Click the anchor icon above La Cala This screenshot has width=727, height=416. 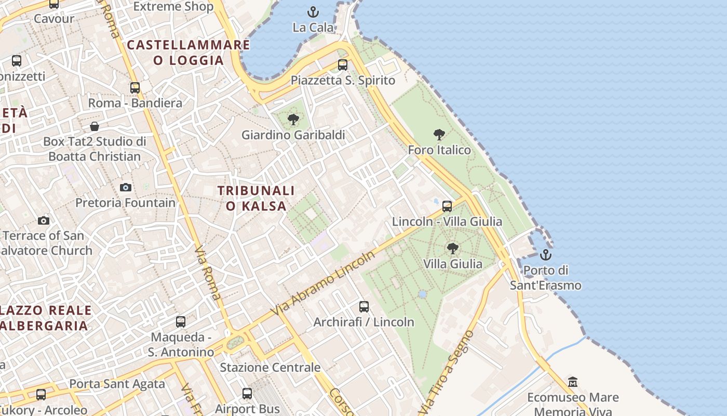(x=313, y=11)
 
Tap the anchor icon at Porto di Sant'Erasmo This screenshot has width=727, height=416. (x=545, y=255)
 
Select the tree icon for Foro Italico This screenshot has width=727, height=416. (x=439, y=135)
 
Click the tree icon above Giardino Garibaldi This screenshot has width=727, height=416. (x=293, y=120)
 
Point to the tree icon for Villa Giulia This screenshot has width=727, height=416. (x=453, y=249)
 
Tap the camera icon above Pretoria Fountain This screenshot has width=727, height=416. (x=126, y=187)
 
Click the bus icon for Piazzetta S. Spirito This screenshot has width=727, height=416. (x=343, y=65)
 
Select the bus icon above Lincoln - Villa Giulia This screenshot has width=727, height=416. (x=447, y=206)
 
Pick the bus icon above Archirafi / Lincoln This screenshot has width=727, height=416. (x=364, y=307)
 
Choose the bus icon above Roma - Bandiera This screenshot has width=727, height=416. (x=135, y=88)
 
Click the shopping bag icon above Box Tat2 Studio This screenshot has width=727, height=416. (x=95, y=126)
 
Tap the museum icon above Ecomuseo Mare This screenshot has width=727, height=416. (x=573, y=382)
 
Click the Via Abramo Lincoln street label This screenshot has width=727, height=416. (x=323, y=283)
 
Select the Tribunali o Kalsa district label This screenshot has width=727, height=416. (x=256, y=198)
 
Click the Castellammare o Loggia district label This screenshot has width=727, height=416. (x=189, y=53)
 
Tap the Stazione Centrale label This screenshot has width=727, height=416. (x=270, y=367)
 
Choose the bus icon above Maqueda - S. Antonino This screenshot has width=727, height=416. (x=181, y=322)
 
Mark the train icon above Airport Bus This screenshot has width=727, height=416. (x=247, y=394)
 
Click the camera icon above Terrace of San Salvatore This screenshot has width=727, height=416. (x=44, y=220)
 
